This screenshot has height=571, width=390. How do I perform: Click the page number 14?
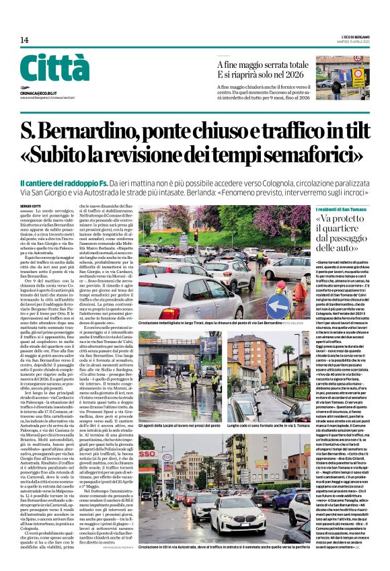click(x=25, y=40)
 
